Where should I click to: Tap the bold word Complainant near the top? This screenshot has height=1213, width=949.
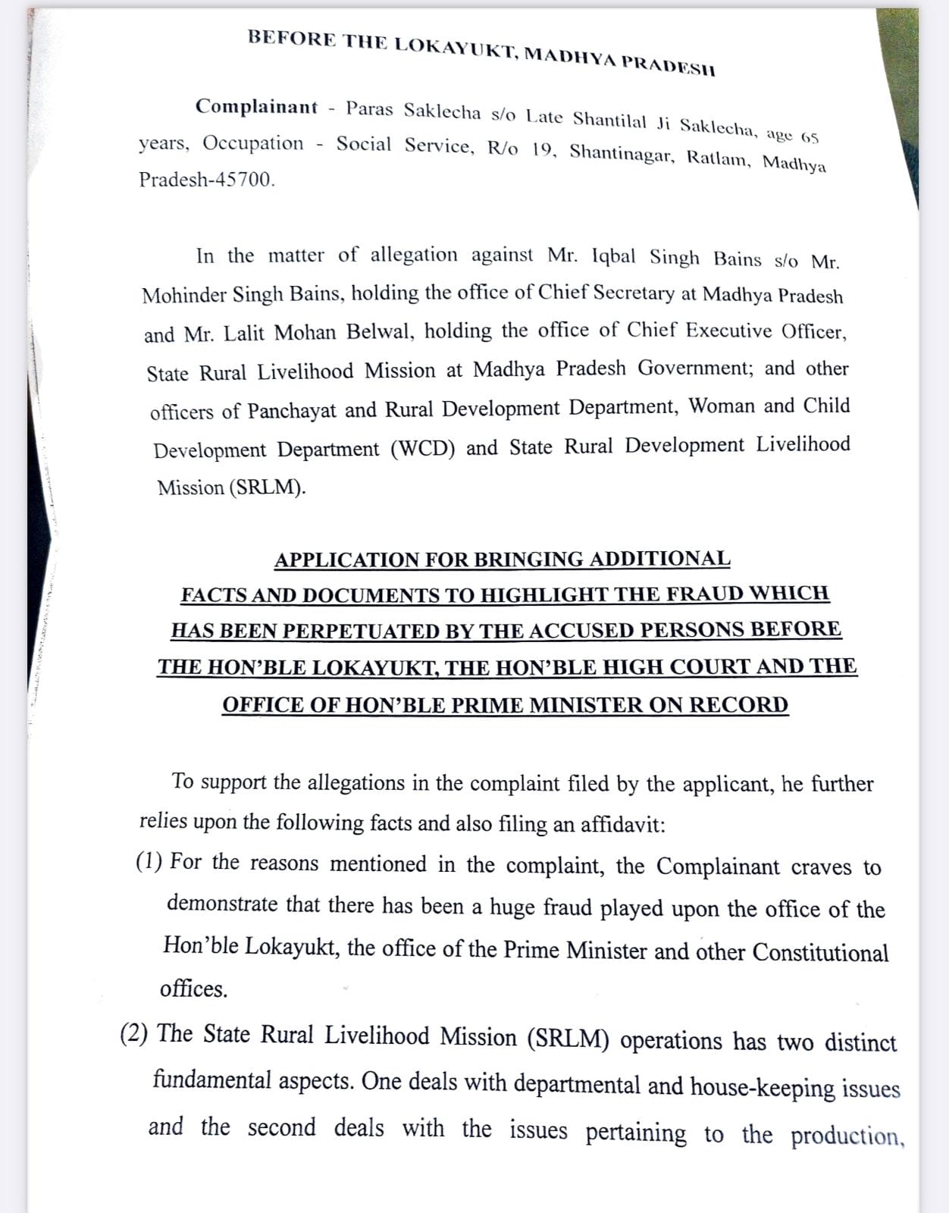[x=256, y=106]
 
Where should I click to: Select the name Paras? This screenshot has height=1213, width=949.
[x=369, y=108]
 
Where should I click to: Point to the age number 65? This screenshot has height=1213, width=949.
[x=810, y=139]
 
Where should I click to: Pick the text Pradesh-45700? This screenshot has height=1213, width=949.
[x=207, y=180]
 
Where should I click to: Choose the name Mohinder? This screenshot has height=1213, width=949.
[x=184, y=295]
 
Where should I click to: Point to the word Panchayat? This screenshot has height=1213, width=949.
[x=292, y=411]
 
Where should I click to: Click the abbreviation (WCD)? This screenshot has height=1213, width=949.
[x=423, y=449]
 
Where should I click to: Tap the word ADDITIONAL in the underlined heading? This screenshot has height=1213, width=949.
[x=659, y=559]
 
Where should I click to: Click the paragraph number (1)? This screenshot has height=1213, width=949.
[x=149, y=861]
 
